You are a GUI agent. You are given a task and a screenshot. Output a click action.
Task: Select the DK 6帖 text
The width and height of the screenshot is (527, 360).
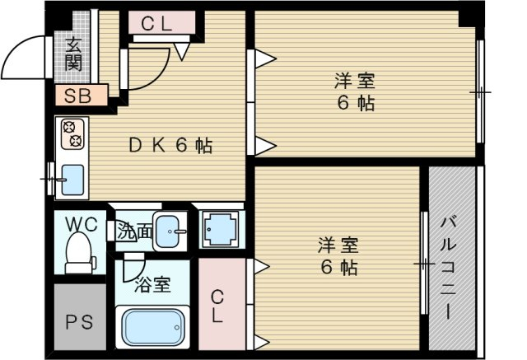(170, 146)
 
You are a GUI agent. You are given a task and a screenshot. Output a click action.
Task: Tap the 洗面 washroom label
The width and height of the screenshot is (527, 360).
(134, 232)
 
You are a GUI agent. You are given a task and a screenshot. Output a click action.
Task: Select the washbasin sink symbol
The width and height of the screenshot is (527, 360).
(170, 231)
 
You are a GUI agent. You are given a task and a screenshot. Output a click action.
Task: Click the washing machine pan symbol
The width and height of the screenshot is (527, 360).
(220, 229)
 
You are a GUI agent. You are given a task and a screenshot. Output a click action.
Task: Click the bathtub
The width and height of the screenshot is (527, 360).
(153, 328)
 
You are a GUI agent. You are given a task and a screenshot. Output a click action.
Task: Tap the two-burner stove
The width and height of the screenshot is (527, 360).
(71, 133)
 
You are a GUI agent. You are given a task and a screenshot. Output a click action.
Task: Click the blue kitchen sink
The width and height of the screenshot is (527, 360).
(72, 177)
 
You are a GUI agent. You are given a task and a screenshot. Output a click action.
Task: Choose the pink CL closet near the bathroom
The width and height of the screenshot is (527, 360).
(219, 306)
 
